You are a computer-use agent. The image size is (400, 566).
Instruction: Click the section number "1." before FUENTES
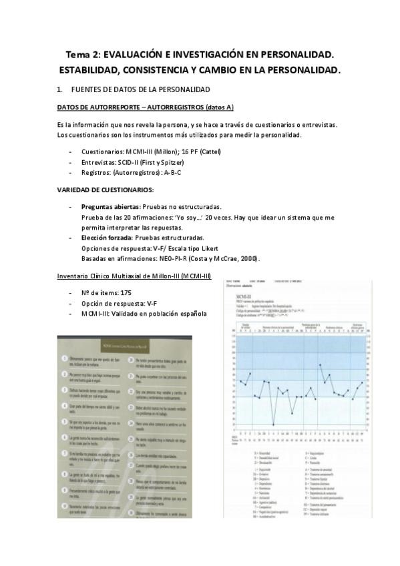(61, 89)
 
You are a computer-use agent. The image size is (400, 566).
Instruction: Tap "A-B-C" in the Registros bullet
(172, 172)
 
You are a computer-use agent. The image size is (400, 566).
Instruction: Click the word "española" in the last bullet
(190, 314)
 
